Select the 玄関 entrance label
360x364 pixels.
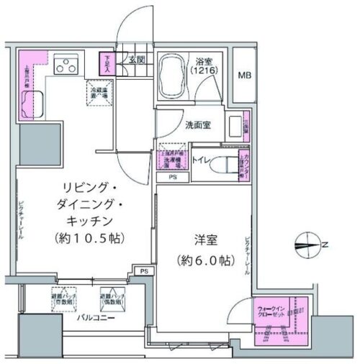pos(138,59)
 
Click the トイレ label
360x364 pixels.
pos(201,162)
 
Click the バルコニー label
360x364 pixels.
pos(83,317)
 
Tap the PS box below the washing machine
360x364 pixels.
pos(173,177)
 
